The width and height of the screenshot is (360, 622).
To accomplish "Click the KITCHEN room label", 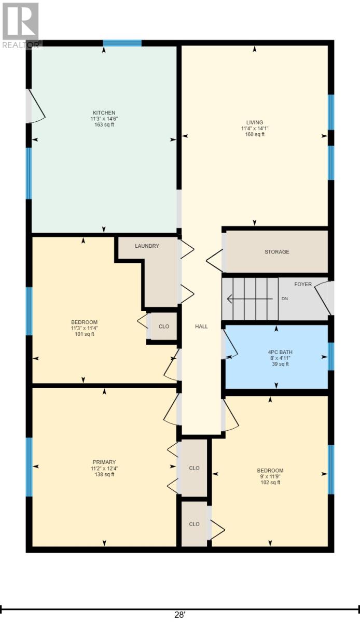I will pos(104,112).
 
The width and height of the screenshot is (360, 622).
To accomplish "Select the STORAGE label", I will pos(276,252).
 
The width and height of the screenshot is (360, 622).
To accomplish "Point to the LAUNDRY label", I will pos(147,246).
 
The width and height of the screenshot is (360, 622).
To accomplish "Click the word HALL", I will pos(201,327).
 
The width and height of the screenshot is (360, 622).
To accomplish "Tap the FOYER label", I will pos(303,285).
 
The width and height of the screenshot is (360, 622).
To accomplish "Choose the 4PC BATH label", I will pos(276,351).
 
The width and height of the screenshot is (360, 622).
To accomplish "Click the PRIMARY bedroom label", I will pos(104,462).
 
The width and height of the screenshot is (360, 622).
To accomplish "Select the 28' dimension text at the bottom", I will pos(180,615).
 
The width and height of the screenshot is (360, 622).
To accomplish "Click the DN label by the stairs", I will pos(284,299).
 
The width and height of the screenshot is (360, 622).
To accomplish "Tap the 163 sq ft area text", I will pos(104,125).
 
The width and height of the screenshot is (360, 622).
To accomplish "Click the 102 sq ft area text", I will pos(270,483).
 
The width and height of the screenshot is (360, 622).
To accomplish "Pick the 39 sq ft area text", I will pos(276,364).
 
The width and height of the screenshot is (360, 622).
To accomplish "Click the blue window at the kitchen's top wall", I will pos(122,43).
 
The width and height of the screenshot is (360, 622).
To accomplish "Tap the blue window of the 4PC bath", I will pos(330,357).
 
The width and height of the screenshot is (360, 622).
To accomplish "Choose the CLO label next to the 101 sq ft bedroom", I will pos(164,327).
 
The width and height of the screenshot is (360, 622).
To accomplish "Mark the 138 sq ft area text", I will pos(104,475).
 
